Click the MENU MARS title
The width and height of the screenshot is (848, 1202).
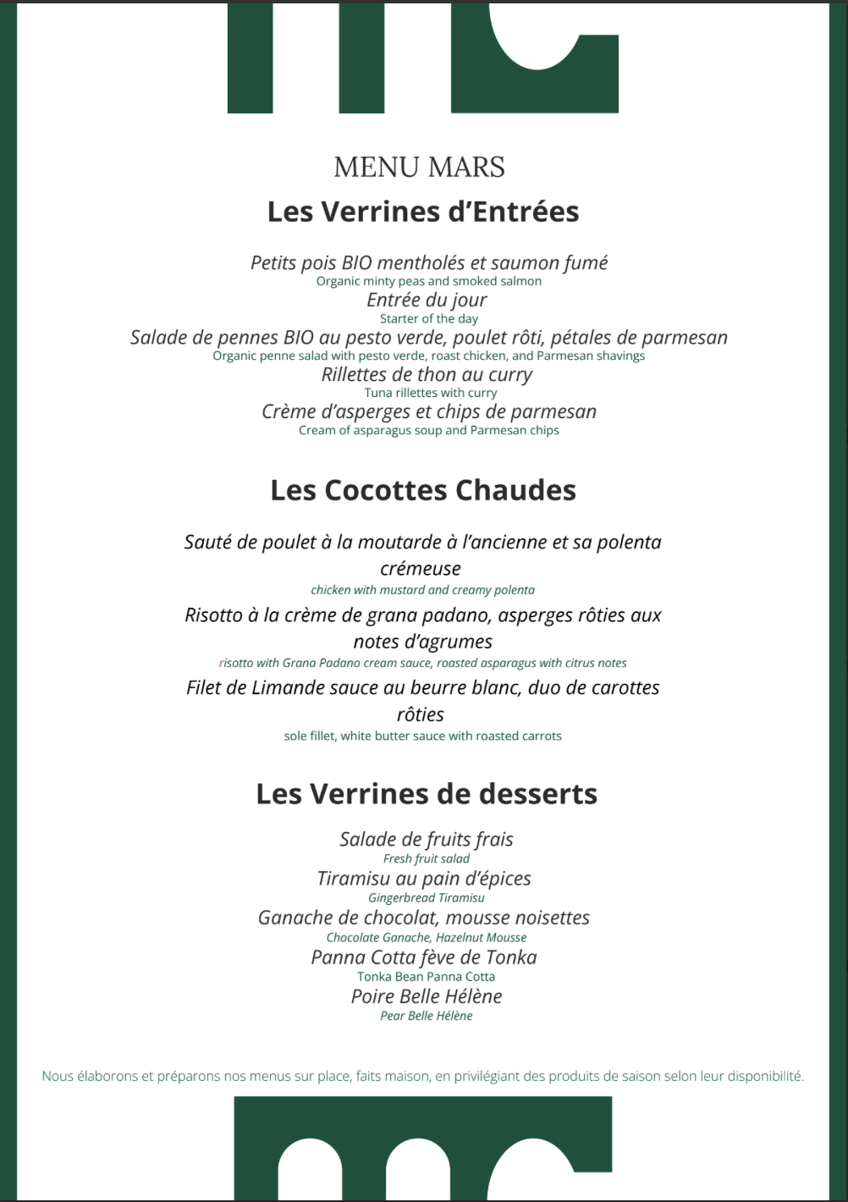click(419, 168)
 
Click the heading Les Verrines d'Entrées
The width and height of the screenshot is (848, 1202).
click(423, 212)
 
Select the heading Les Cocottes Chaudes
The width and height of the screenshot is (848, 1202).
click(423, 490)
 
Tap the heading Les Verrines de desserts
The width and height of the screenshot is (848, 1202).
click(427, 794)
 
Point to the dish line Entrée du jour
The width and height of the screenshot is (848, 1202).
click(427, 300)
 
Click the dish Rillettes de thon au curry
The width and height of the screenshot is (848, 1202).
click(427, 375)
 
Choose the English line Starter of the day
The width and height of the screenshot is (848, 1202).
click(429, 319)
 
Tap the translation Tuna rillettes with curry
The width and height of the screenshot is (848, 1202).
click(431, 393)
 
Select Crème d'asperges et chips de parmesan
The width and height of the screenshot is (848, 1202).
click(429, 412)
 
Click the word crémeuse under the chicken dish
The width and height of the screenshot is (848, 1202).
click(421, 569)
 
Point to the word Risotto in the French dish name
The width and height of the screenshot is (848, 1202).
click(213, 615)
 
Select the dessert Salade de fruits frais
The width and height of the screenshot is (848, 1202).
click(427, 840)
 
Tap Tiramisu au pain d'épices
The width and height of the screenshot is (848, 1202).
click(424, 879)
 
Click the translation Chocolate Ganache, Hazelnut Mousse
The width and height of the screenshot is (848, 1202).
click(427, 938)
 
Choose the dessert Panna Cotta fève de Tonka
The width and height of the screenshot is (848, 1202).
click(424, 957)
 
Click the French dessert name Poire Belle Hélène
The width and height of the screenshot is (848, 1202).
click(427, 996)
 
